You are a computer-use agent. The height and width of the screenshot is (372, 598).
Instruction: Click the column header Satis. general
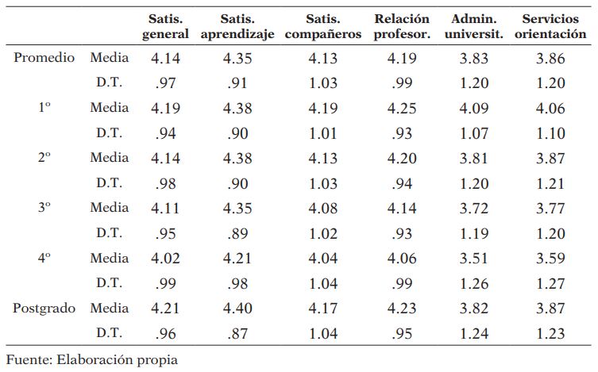(165, 26)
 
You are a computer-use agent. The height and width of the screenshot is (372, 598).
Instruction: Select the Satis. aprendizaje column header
(236, 26)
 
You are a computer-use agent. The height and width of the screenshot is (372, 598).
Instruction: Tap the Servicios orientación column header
(555, 26)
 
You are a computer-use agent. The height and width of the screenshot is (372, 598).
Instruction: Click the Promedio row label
(44, 58)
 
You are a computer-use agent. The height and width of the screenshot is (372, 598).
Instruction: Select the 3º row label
(44, 207)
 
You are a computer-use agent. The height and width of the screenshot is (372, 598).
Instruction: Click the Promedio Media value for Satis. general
(165, 58)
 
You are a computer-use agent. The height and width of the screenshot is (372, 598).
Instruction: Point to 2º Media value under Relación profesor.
(401, 158)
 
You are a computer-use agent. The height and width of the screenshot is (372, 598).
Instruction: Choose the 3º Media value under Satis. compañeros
(322, 207)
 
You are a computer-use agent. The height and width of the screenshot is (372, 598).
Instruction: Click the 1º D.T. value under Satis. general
(165, 132)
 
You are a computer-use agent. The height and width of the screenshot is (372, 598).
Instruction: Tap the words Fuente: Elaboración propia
(92, 359)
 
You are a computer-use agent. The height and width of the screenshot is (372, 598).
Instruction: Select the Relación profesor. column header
(401, 26)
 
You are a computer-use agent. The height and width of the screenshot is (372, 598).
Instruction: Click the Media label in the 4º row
(110, 257)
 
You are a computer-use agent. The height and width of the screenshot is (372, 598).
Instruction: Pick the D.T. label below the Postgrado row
(110, 332)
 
